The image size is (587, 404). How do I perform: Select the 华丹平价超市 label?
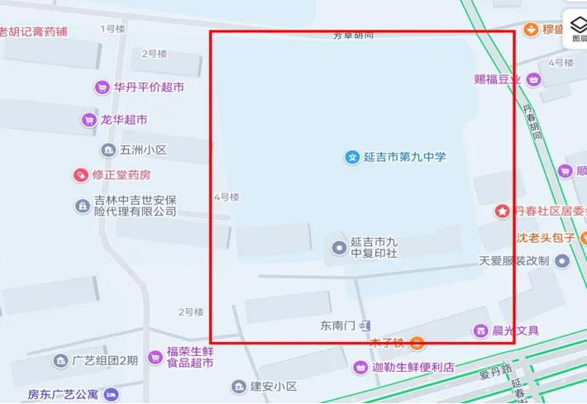coord(149,87)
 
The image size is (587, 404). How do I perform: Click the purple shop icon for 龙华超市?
coord(89,120)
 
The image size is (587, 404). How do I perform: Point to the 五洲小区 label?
coord(143,150)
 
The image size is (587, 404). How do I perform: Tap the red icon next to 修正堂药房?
coord(80,175)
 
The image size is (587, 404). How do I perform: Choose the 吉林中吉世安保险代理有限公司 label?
coord(135,206)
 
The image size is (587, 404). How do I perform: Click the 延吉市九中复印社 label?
coord(374,247)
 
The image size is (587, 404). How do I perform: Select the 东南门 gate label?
coord(338,326)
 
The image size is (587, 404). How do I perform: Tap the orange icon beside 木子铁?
coord(418,343)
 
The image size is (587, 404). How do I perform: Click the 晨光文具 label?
coord(515,330)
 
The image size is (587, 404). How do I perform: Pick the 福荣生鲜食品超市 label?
coord(190,356)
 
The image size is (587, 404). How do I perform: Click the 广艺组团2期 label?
coord(105,360)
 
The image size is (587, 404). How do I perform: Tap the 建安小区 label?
coord(274,387)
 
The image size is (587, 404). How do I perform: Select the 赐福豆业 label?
coord(498,79)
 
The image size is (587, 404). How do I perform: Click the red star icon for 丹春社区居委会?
coord(502,212)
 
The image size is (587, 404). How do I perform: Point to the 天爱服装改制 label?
coord(513,261)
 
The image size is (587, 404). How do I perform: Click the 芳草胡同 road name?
coord(353,35)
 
